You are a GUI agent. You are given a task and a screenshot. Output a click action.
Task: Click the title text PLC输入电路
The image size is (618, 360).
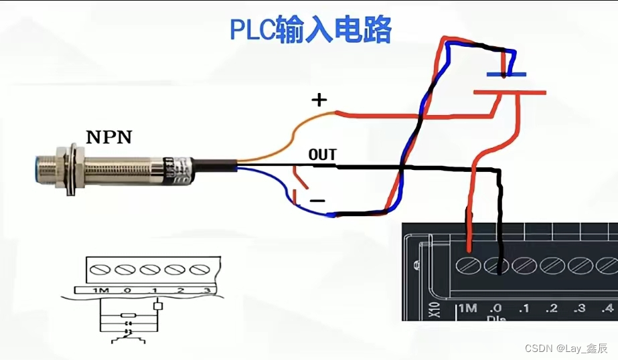(x=310, y=30)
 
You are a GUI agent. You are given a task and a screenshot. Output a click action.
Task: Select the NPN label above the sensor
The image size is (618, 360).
(x=108, y=138)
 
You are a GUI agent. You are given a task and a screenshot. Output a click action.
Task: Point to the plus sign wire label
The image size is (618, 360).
(x=319, y=100)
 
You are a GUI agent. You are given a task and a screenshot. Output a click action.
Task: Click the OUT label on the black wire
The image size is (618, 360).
(x=322, y=155)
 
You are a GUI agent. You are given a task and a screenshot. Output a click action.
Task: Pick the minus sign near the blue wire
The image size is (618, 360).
(x=317, y=201)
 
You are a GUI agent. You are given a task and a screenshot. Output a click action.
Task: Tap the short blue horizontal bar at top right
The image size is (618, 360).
(x=506, y=74)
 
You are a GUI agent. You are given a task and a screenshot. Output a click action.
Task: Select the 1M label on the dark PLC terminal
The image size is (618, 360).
(x=467, y=308)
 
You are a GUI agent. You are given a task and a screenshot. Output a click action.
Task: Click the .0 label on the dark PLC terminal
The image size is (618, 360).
(x=495, y=308)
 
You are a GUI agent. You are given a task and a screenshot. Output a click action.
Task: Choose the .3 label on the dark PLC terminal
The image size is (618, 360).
(x=580, y=308)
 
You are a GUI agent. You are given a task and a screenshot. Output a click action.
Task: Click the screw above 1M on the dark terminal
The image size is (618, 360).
(x=468, y=265)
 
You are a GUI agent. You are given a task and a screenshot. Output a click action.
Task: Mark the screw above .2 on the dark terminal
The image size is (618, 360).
(x=552, y=265)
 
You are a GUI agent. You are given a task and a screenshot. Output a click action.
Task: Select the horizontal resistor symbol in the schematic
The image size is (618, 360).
(x=127, y=314)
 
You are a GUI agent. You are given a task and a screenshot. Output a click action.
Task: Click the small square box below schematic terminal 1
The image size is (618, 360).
(x=158, y=306)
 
